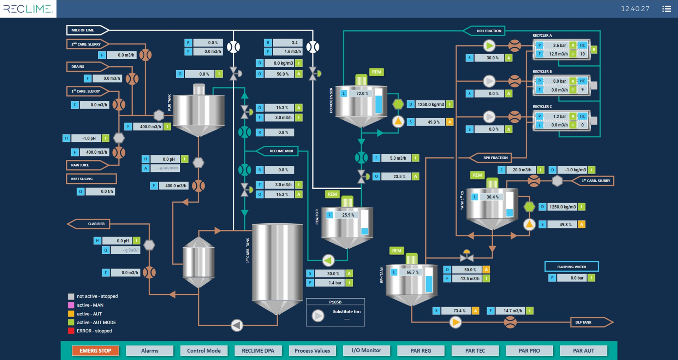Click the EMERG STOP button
[x=95, y=350]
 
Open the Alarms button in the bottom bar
[x=150, y=350]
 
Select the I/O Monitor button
[x=367, y=350]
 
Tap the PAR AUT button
[x=583, y=350]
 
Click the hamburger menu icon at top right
[x=666, y=9]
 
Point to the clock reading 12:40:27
[x=635, y=9]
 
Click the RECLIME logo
[x=28, y=8]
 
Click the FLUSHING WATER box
[x=571, y=267]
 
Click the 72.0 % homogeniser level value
[x=362, y=94]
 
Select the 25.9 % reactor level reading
[x=348, y=215]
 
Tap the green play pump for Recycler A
[x=489, y=45]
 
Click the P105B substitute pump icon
[x=318, y=315]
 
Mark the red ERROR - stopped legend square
[x=71, y=331]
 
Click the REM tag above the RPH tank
[x=397, y=251]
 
